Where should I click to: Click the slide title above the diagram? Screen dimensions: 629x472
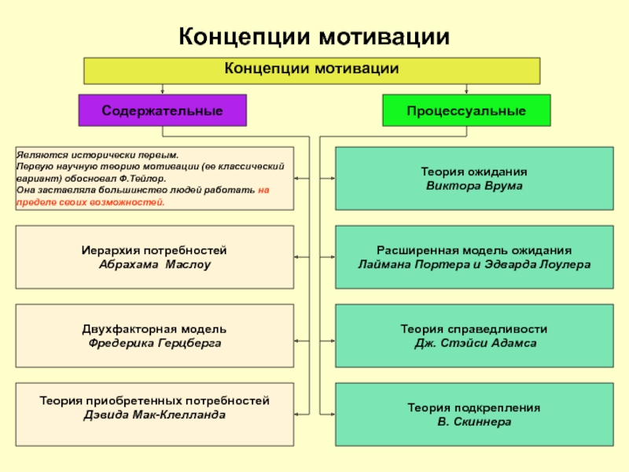314,37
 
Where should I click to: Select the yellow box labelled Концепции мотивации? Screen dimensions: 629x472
312,70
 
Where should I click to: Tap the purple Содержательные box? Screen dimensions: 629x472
162,111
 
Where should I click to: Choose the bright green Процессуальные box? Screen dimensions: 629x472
466,111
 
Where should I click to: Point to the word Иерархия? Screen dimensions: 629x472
108,249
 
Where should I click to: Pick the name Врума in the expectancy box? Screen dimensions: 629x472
504,186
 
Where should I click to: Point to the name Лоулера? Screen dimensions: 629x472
562,264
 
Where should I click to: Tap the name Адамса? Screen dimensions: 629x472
514,344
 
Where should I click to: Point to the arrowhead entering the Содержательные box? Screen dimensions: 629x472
162,92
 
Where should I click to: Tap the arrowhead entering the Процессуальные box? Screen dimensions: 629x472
466,92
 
